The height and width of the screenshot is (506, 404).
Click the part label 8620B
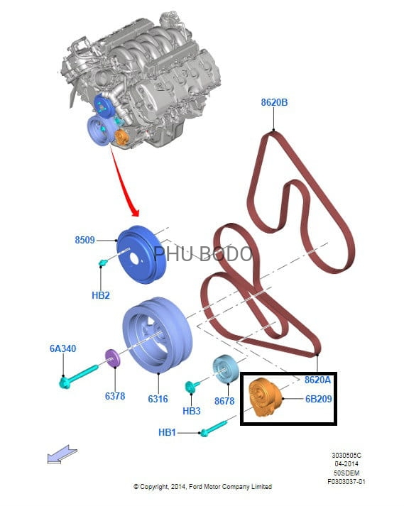274,102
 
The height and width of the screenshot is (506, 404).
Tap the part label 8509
85,240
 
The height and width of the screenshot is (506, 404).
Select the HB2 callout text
101,295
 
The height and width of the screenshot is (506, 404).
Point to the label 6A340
62,348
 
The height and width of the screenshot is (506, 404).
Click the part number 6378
115,395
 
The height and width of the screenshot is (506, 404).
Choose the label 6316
158,399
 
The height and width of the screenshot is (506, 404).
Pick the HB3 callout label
192,411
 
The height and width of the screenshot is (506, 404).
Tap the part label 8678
224,401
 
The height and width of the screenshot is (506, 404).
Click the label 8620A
318,380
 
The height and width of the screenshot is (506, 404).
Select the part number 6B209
318,399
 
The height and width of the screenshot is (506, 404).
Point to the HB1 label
167,432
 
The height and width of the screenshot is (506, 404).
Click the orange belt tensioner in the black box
265,397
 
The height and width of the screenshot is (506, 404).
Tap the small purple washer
112,358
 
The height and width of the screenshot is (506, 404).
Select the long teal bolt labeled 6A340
79,376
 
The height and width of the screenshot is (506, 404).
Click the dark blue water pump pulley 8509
141,255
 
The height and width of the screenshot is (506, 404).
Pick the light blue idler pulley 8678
225,369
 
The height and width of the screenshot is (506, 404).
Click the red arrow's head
136,211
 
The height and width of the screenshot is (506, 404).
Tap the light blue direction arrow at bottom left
62,454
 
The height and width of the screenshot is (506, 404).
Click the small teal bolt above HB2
103,263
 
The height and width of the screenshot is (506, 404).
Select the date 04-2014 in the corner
346,464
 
